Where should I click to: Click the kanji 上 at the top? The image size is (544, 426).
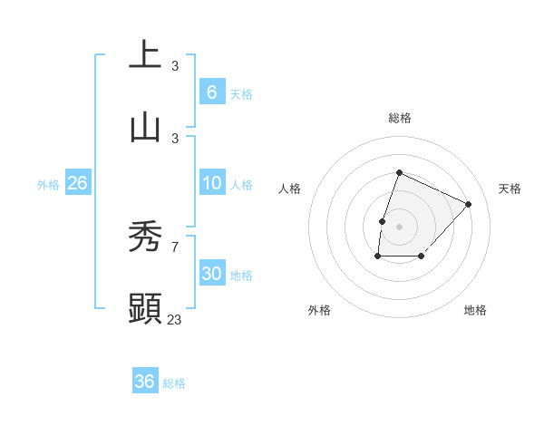click(x=146, y=53)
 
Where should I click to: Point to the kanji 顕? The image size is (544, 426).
click(x=146, y=308)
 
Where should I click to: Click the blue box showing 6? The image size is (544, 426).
click(x=211, y=92)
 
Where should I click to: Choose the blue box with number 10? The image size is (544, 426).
click(x=211, y=183)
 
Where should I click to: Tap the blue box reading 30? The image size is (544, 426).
click(x=211, y=274)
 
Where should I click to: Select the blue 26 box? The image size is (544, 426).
click(x=77, y=183)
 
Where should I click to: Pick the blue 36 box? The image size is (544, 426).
click(x=145, y=382)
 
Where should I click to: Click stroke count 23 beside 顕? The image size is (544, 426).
click(x=175, y=319)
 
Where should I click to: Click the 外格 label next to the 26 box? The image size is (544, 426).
click(x=48, y=184)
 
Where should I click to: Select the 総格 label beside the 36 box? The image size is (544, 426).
click(x=174, y=382)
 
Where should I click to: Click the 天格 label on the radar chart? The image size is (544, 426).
click(x=510, y=189)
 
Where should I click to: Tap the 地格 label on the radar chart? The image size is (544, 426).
click(x=475, y=310)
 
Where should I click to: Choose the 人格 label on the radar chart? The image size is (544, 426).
click(x=289, y=189)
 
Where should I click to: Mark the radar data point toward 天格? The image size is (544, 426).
click(x=468, y=204)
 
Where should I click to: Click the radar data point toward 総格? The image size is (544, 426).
click(x=399, y=172)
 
